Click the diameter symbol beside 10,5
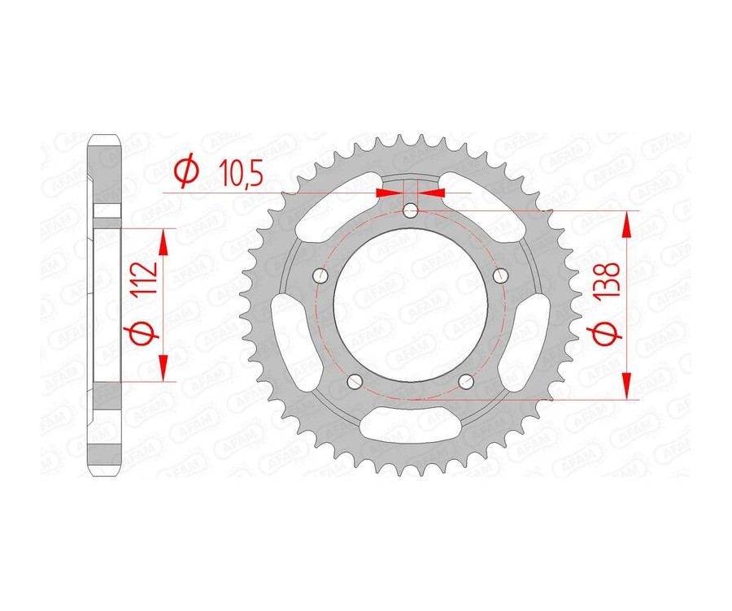185,171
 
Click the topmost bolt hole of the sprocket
411,212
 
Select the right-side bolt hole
501,276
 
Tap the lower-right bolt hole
466,381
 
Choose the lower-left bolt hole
355,381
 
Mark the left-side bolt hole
320,276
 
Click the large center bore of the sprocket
411,305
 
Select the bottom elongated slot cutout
411,425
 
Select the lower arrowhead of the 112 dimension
164,366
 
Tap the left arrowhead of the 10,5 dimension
389,193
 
